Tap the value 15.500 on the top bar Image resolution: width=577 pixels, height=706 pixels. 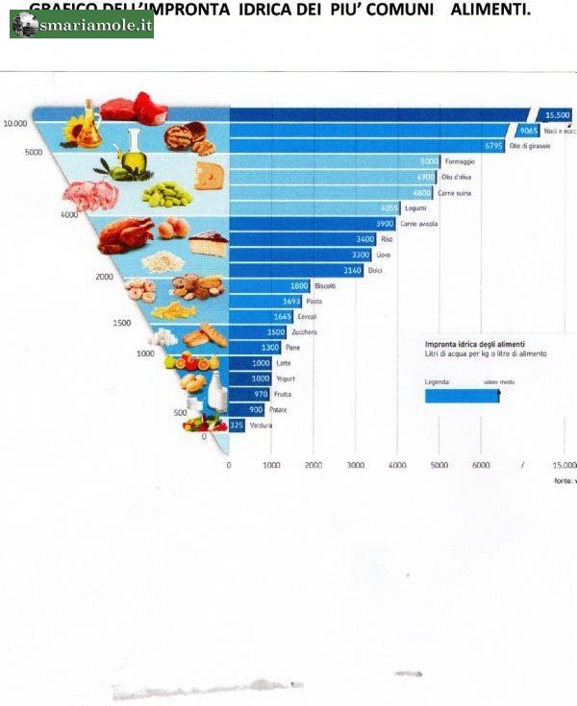(556, 114)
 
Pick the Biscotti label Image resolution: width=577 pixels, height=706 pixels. (325, 285)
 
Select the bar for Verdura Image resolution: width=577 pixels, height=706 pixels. (237, 426)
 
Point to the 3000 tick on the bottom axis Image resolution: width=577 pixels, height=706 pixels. (355, 465)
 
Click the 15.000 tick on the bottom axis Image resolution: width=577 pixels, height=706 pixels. (563, 465)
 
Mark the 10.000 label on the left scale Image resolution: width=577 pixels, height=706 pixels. (13, 123)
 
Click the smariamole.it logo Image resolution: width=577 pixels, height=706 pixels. (82, 25)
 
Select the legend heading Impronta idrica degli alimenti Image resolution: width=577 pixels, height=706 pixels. (474, 343)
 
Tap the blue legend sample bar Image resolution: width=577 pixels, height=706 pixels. (462, 395)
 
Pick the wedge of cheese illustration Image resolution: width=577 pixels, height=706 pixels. (209, 175)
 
